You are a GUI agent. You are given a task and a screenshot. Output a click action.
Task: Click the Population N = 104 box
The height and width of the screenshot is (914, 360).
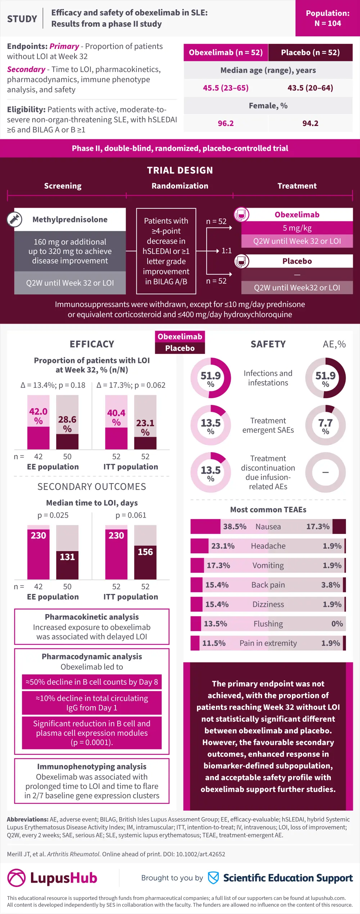point(328,18)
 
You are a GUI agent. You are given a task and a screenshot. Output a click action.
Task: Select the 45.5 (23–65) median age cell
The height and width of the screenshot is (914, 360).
point(226,88)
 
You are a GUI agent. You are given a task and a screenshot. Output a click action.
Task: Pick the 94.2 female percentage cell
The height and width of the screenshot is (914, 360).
point(310,123)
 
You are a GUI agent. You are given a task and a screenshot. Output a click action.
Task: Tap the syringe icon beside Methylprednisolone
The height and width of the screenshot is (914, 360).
point(15,219)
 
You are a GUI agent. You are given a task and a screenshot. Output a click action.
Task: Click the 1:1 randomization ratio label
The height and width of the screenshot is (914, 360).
point(226,251)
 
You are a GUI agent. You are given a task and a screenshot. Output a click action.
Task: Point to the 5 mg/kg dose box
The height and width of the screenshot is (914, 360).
point(297,228)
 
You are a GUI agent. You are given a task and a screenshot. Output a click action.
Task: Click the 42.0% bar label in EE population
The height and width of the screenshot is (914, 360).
point(38,416)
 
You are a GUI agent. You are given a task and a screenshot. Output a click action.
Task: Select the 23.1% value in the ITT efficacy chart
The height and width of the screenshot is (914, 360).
point(145,427)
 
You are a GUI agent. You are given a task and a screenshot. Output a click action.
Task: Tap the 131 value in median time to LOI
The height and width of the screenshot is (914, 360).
point(67,557)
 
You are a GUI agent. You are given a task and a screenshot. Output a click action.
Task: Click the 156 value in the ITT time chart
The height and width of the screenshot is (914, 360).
point(145,552)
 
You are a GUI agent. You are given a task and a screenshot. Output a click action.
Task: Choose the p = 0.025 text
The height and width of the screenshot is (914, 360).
point(53,515)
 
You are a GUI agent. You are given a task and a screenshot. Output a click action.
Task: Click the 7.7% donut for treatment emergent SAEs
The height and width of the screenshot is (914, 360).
point(325,425)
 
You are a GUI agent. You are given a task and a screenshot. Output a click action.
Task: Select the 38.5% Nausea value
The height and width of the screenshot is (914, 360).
point(235,527)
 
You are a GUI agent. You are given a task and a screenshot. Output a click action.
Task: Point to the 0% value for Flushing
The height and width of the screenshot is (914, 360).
point(337,624)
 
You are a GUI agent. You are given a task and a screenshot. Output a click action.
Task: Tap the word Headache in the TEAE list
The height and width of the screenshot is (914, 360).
point(268,546)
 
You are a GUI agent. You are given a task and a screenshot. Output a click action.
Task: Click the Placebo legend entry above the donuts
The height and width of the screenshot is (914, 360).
point(180,348)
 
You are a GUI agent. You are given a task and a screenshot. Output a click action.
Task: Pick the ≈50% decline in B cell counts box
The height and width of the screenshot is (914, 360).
point(91,682)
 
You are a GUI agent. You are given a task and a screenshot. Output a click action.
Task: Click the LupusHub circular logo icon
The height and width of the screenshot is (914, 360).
point(17,878)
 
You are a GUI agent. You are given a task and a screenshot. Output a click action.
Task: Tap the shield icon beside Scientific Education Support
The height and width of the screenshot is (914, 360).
point(213,878)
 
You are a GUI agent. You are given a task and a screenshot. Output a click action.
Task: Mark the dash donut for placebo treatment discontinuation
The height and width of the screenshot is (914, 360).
point(325,472)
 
